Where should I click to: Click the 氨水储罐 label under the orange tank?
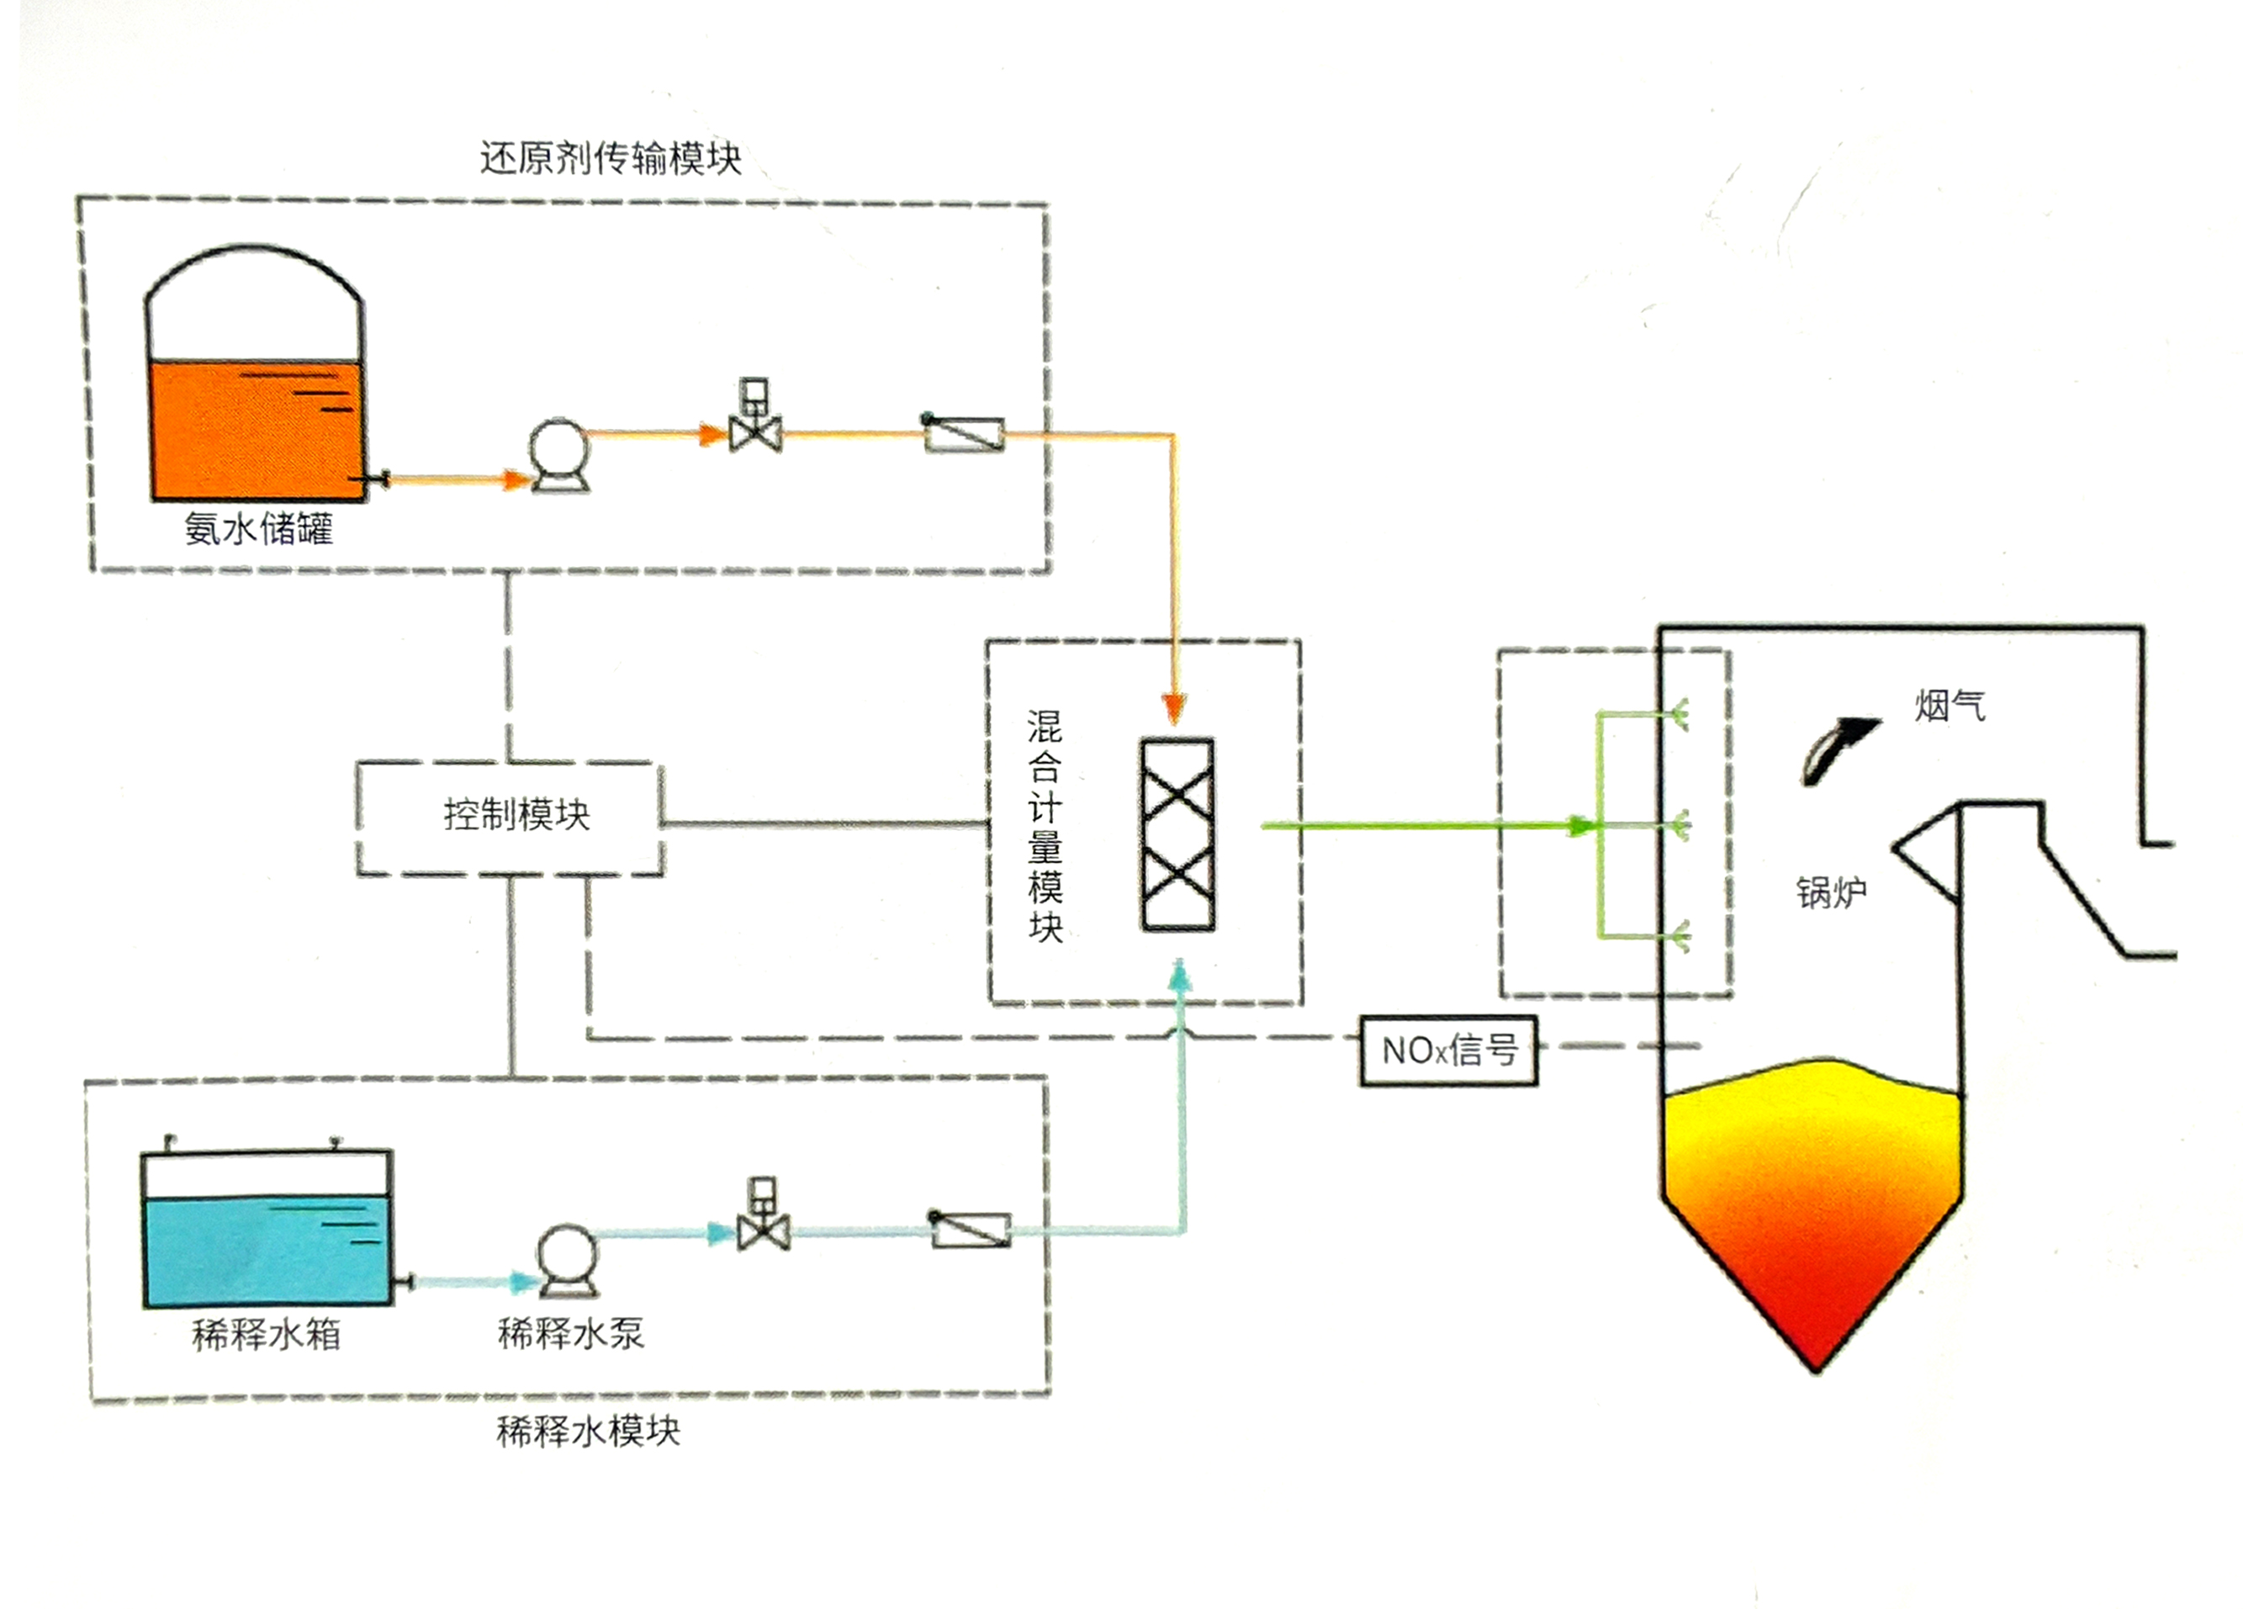pos(258,529)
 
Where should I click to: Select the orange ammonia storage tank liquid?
pos(255,430)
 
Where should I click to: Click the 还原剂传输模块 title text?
pos(611,158)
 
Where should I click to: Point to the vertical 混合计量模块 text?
pos(1045,826)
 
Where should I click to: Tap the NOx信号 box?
pos(1448,1051)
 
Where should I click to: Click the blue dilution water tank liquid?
pos(267,1251)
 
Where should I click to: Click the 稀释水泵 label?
pos(571,1333)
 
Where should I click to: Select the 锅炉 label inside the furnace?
pos(1832,893)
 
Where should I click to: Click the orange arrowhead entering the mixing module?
pos(1173,708)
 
